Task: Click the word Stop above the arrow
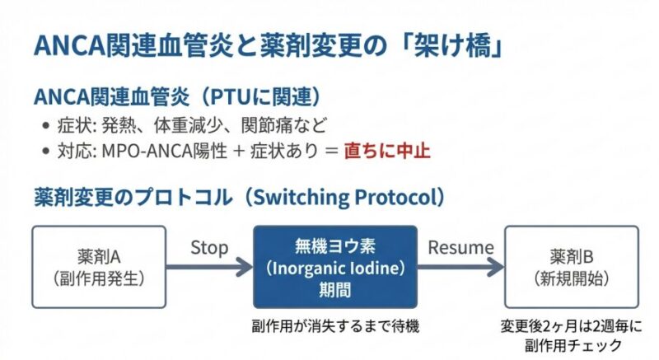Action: (x=209, y=247)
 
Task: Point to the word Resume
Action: (x=460, y=247)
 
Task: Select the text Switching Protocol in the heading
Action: (x=345, y=198)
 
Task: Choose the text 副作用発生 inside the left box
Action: (x=97, y=278)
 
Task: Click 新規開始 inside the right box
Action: (x=572, y=278)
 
